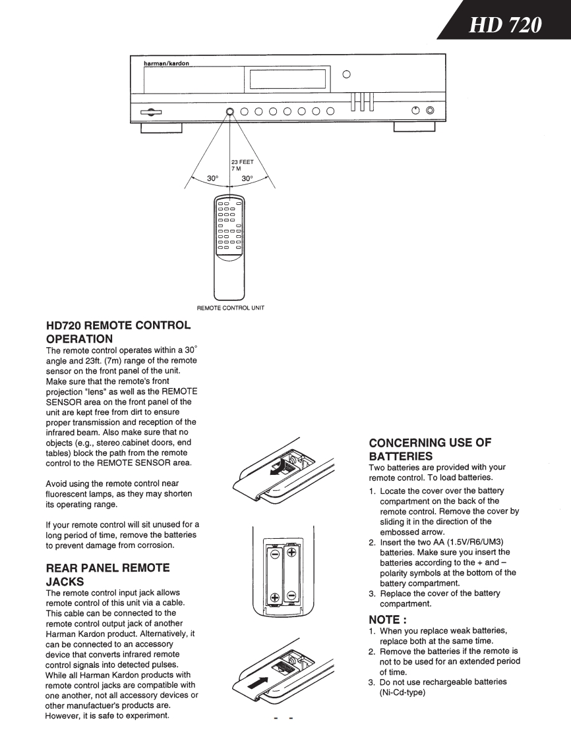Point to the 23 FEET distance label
click(x=243, y=161)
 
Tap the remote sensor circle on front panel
click(x=230, y=111)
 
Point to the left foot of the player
click(x=162, y=128)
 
